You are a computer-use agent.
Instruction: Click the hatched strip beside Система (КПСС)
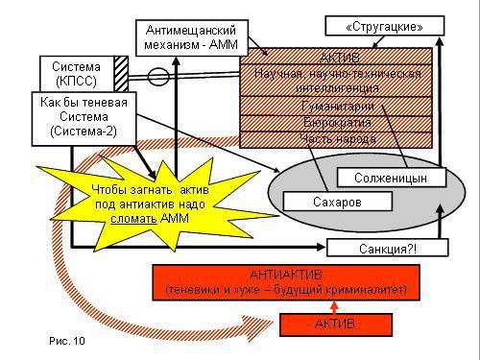tap(121, 73)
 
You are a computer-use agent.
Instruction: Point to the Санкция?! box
tap(388, 249)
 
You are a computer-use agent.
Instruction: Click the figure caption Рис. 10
tap(66, 340)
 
